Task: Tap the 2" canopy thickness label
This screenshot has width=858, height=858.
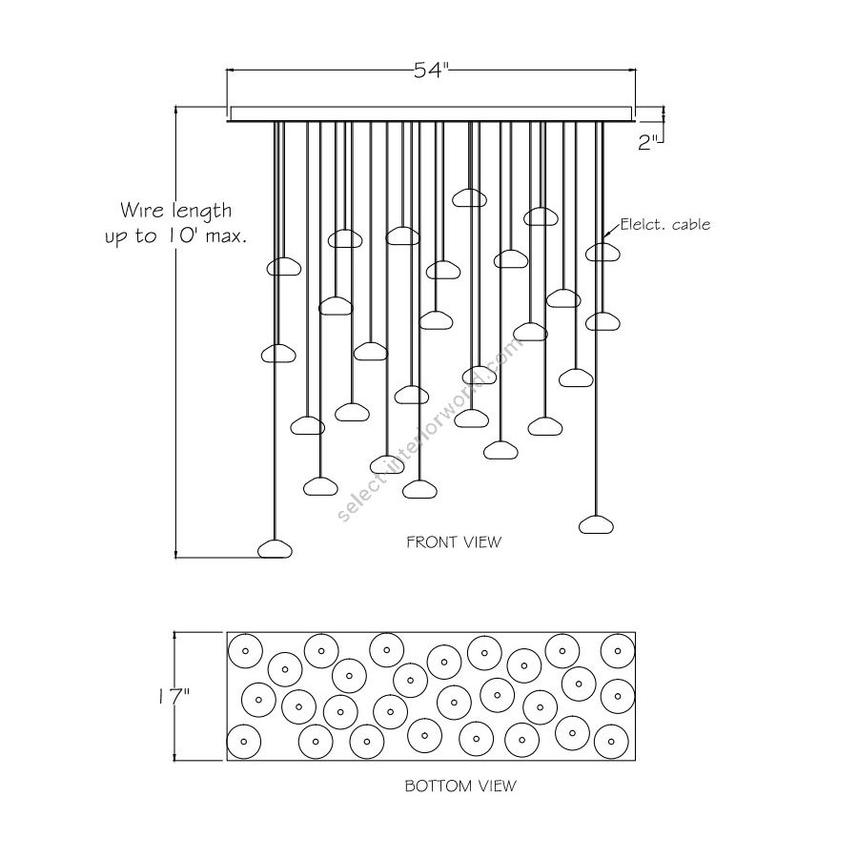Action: coord(649,142)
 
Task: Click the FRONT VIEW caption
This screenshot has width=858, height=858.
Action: coord(454,542)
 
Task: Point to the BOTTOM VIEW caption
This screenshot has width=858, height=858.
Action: coord(460,786)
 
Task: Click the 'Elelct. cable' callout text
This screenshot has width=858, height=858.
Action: coord(665,225)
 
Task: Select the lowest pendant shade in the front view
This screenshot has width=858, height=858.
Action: coord(276,548)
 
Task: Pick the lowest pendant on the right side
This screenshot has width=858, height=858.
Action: coord(596,523)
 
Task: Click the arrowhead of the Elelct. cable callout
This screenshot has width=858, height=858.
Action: coord(607,235)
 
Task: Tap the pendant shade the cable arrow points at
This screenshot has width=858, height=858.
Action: coord(602,252)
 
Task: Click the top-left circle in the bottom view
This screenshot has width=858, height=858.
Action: coord(245,651)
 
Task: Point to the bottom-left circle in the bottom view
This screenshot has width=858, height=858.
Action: coord(243,740)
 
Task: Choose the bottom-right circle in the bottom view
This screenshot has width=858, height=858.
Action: coord(608,739)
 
